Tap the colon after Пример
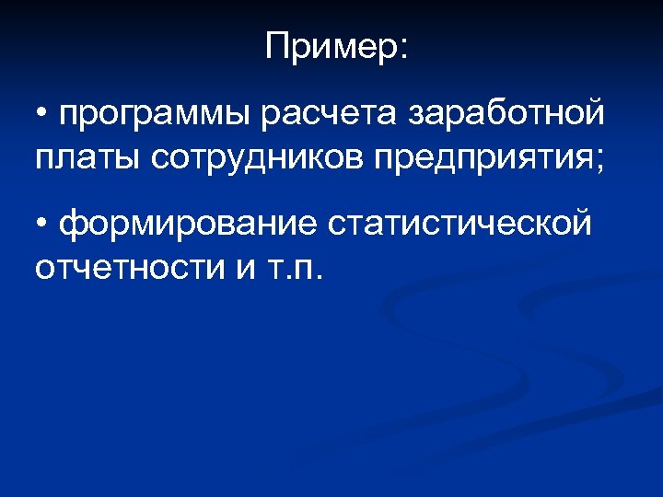coord(401,51)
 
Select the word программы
coord(156,117)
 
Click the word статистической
coord(458,225)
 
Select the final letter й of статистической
coord(579,223)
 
